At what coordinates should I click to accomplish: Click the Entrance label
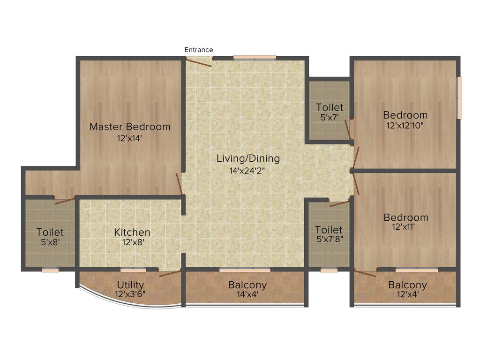tap(199, 50)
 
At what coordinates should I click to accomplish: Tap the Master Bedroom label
tap(130, 127)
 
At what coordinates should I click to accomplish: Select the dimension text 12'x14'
tap(130, 138)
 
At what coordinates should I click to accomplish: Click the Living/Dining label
tap(248, 158)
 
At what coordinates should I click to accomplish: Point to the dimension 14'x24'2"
tap(248, 171)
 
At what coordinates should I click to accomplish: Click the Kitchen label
tap(132, 232)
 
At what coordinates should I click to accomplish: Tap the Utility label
tap(130, 285)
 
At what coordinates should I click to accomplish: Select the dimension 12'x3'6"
tap(130, 295)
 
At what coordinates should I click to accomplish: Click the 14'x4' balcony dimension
tap(247, 295)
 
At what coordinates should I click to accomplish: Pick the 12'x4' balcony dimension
tap(407, 295)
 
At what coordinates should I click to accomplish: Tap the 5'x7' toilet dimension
tap(330, 118)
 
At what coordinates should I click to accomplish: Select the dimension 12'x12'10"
tap(405, 126)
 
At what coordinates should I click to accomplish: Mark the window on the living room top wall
tap(255, 57)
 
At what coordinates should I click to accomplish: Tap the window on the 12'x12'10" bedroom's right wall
tap(459, 97)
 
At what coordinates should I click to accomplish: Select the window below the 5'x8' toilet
tap(50, 270)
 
